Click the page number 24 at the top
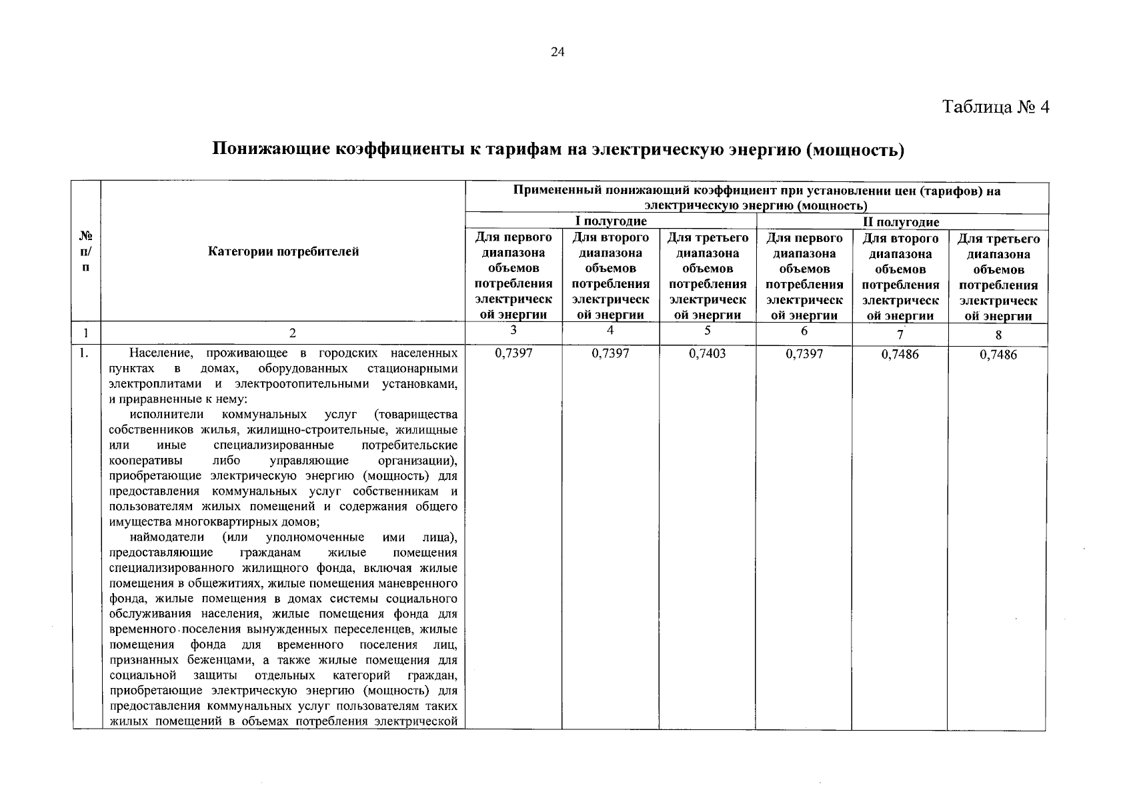click(557, 53)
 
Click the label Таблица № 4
click(996, 107)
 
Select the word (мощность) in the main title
click(855, 149)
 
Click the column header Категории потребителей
click(283, 251)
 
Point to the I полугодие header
click(611, 221)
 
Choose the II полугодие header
click(901, 222)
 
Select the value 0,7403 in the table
click(707, 353)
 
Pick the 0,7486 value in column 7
click(900, 354)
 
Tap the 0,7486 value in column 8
click(998, 355)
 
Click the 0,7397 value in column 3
click(513, 353)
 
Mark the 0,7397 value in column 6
click(804, 353)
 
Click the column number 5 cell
click(707, 331)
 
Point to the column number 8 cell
click(998, 335)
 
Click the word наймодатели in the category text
click(163, 537)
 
